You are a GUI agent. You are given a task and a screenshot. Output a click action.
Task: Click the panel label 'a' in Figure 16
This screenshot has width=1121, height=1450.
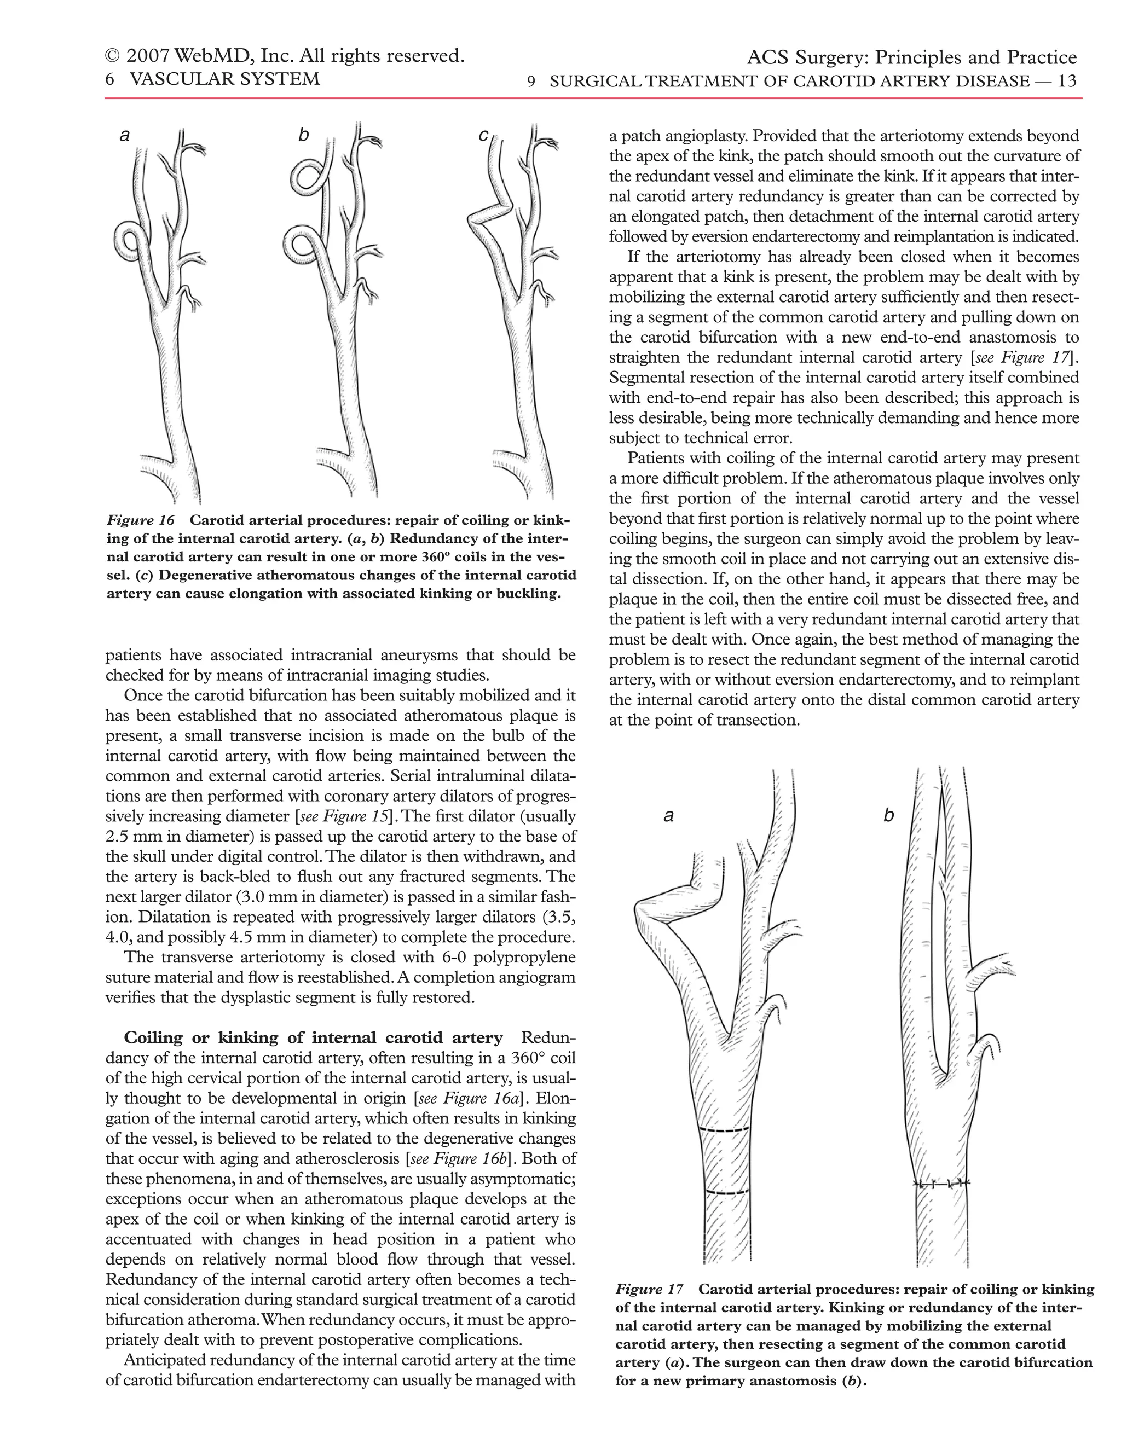124,136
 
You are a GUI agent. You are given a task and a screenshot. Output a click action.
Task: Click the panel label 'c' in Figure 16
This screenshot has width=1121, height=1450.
483,136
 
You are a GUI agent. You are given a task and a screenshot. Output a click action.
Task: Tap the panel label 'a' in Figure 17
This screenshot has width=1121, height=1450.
669,816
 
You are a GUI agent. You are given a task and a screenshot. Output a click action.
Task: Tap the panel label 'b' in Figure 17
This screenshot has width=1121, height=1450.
888,815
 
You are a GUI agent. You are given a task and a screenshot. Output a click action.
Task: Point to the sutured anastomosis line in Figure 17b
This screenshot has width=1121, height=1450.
941,1183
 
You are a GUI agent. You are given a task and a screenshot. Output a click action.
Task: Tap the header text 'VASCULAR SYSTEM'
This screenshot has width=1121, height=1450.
224,79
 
